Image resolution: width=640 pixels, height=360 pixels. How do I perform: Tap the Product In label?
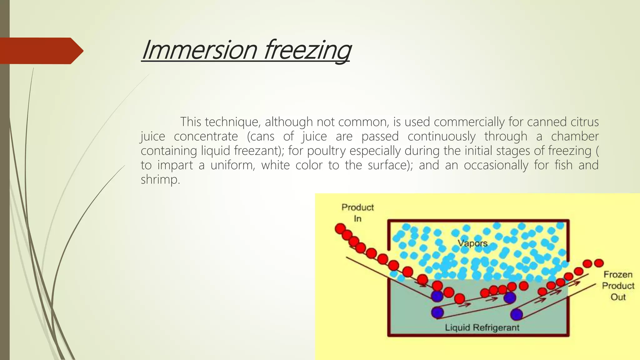click(357, 212)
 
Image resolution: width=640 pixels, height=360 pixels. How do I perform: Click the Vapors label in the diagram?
click(472, 243)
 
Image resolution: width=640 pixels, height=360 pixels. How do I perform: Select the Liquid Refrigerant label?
click(482, 327)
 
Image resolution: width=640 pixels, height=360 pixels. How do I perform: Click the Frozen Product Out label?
click(618, 286)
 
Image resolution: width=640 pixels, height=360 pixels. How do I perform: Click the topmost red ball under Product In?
click(340, 228)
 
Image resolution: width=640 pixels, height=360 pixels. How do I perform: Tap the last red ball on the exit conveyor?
click(598, 263)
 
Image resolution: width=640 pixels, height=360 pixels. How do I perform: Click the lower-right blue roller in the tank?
click(516, 314)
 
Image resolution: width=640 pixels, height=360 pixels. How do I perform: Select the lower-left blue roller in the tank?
click(437, 312)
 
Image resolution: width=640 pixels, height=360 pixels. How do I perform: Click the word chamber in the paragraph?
click(574, 136)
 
